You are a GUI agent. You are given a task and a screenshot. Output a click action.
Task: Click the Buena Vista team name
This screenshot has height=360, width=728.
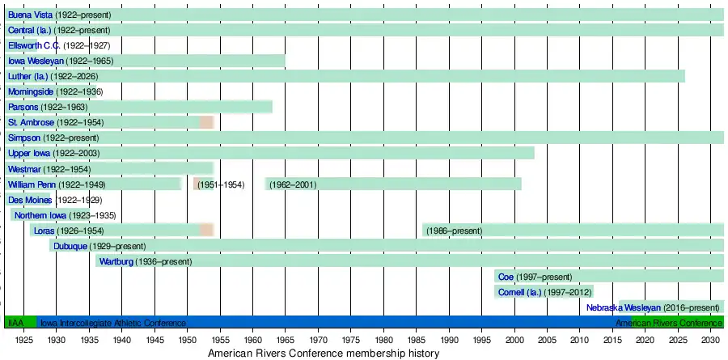coord(30,15)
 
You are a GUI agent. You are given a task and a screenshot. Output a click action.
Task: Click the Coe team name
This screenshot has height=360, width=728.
coord(506,277)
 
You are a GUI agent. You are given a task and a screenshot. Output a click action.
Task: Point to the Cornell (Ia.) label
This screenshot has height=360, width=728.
coord(519,292)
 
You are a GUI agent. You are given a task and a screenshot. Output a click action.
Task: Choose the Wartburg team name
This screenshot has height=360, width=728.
coord(116,261)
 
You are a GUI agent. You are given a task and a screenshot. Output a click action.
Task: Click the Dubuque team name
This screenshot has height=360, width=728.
coord(70,246)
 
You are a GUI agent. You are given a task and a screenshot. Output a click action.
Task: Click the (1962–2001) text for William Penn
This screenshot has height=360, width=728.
coord(294,184)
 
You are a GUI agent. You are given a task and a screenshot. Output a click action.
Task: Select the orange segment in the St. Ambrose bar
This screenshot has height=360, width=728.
coord(206,122)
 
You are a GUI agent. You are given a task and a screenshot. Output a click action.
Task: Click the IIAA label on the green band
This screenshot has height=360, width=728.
coord(16,323)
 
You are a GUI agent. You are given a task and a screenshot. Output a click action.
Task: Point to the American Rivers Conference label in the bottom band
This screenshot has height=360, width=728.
coord(667,323)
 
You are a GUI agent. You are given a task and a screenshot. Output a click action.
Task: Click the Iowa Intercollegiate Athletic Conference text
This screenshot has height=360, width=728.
coord(113,323)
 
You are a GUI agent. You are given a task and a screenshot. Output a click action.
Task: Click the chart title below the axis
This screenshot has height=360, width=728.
coord(324,354)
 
